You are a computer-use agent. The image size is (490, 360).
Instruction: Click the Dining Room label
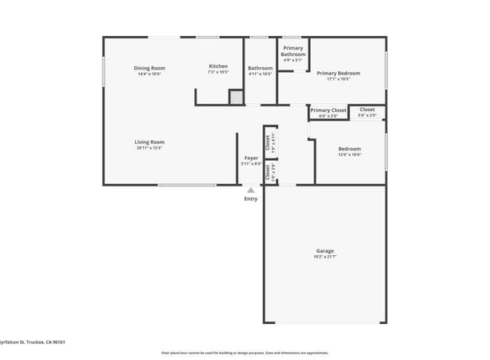click(149, 68)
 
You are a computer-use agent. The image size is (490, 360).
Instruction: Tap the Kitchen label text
click(218, 66)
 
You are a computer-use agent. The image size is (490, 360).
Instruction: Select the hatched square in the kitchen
click(236, 98)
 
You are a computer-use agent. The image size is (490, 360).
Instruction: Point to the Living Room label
click(149, 142)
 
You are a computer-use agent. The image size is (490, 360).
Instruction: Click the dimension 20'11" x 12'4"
click(149, 147)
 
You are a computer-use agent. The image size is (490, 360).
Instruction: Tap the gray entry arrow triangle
click(251, 190)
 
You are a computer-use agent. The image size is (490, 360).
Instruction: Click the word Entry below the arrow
click(251, 199)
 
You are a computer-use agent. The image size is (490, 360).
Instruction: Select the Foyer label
click(251, 158)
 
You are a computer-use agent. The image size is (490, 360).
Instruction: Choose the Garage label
click(325, 251)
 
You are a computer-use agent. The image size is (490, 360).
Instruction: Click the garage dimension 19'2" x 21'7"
click(325, 257)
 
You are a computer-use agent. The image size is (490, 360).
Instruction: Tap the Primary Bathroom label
click(293, 51)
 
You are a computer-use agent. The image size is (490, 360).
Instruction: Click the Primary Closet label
click(329, 110)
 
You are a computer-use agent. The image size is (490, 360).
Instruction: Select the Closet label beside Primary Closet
click(367, 110)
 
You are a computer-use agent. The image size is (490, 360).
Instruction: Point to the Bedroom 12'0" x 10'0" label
click(349, 149)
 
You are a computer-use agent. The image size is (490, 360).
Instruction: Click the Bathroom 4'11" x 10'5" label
click(260, 68)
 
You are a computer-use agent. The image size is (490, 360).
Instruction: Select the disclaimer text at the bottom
click(245, 352)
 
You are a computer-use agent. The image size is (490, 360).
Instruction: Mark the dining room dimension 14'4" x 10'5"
click(149, 74)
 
